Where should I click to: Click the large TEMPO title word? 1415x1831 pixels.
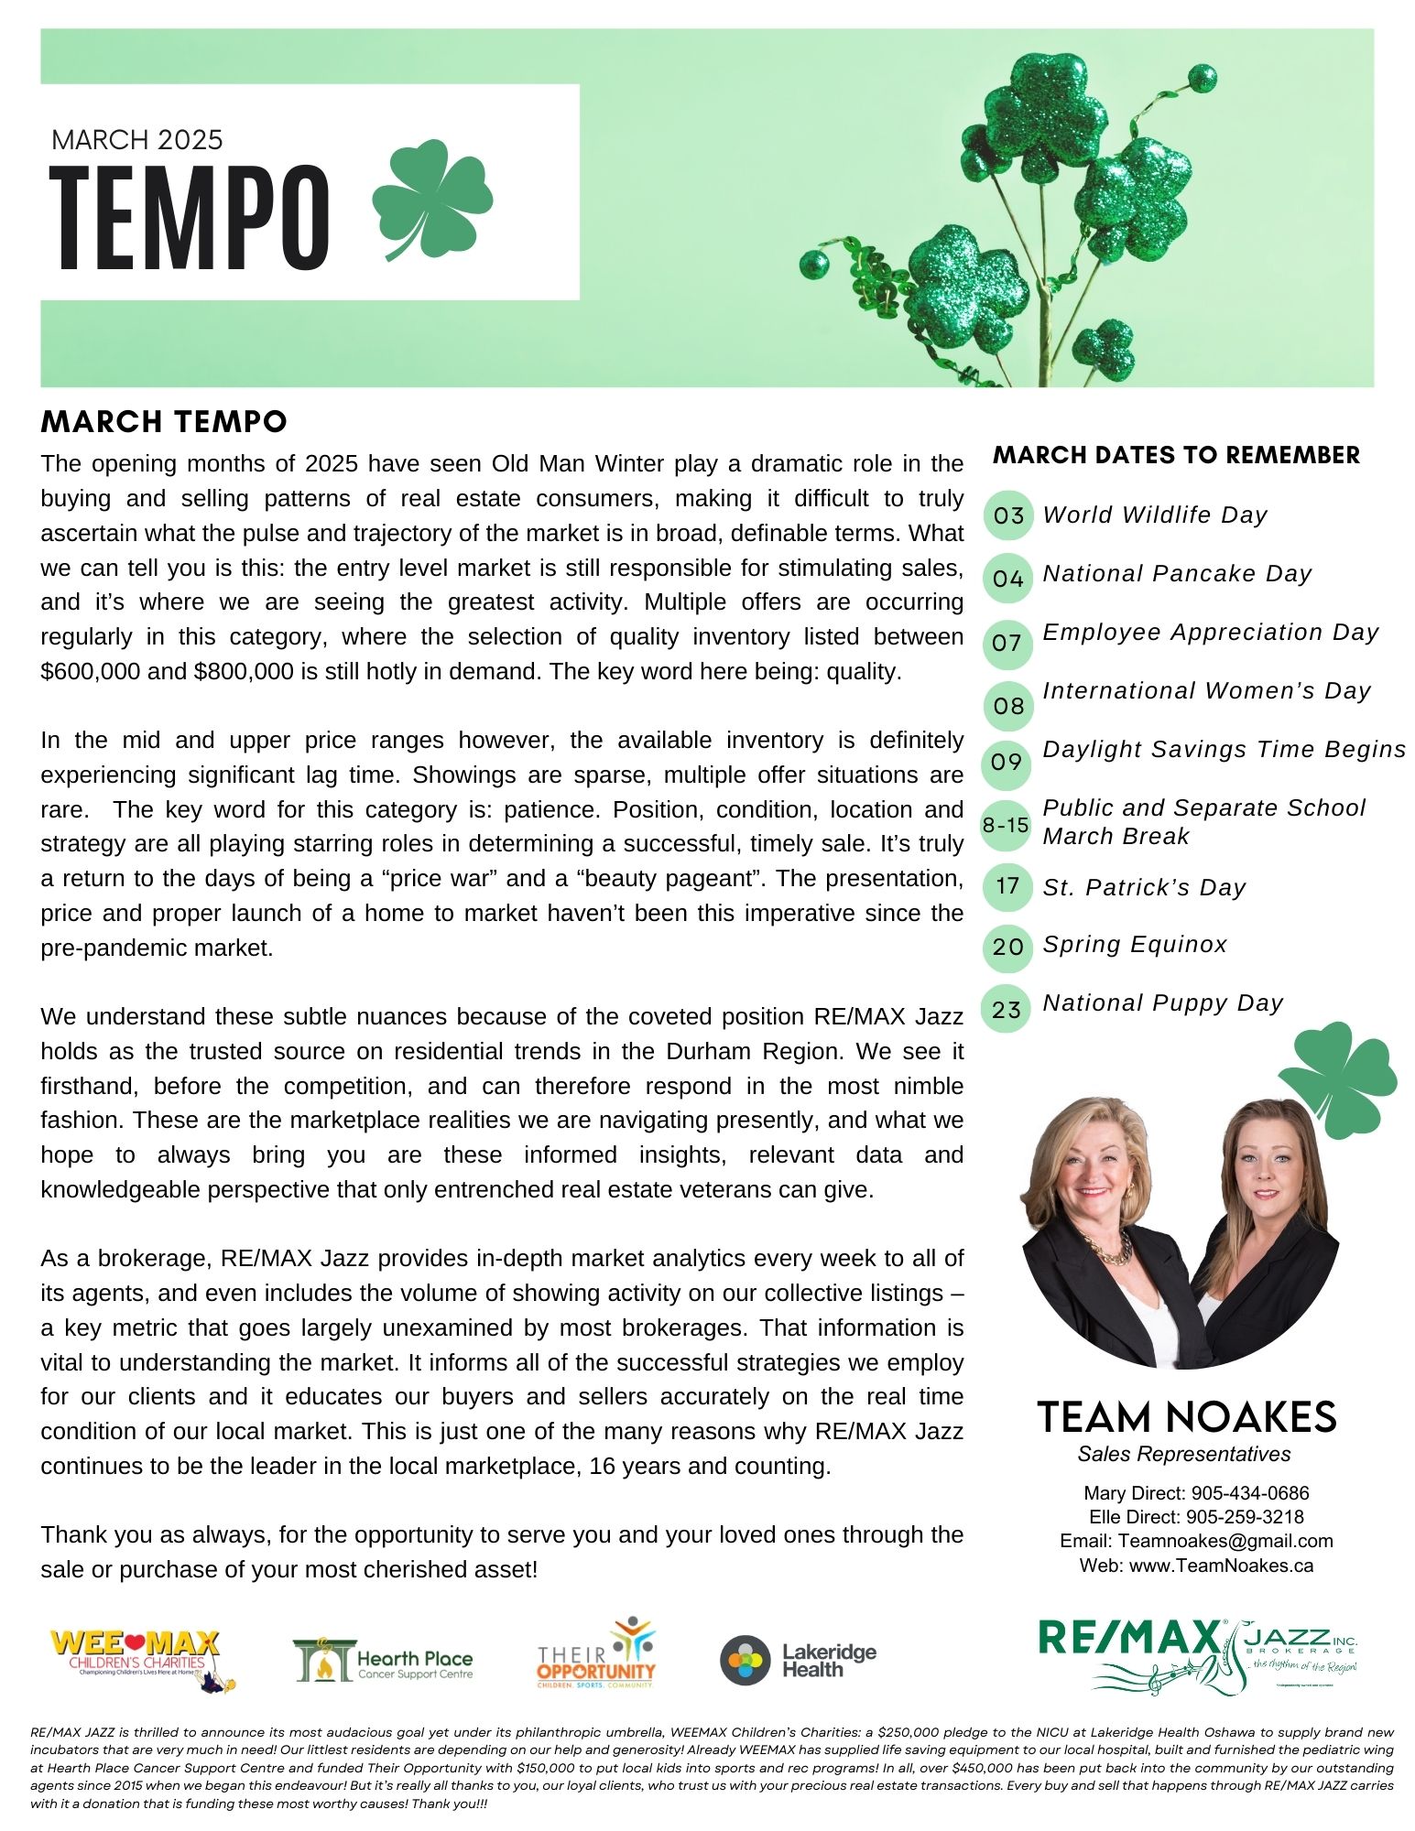point(190,218)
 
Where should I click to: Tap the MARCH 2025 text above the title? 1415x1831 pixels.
point(137,140)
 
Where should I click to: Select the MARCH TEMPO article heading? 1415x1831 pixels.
point(164,421)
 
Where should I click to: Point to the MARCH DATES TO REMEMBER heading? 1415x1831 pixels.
point(1176,455)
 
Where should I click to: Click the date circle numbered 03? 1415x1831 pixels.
point(1007,515)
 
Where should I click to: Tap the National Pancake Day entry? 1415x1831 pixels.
point(1177,574)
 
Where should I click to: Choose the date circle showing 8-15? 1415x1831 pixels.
point(1006,825)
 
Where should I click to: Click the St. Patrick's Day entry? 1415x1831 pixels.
point(1144,887)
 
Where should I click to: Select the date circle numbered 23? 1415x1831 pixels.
point(1007,1009)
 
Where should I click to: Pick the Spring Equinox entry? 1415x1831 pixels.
point(1135,945)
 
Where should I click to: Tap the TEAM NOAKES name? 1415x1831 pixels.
point(1186,1417)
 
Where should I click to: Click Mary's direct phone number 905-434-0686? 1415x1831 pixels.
point(1250,1493)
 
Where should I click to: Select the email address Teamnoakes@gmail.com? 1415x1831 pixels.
point(1225,1541)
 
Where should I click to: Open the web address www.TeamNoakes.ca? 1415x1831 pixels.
point(1221,1566)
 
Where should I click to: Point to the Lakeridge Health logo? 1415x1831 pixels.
point(798,1661)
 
